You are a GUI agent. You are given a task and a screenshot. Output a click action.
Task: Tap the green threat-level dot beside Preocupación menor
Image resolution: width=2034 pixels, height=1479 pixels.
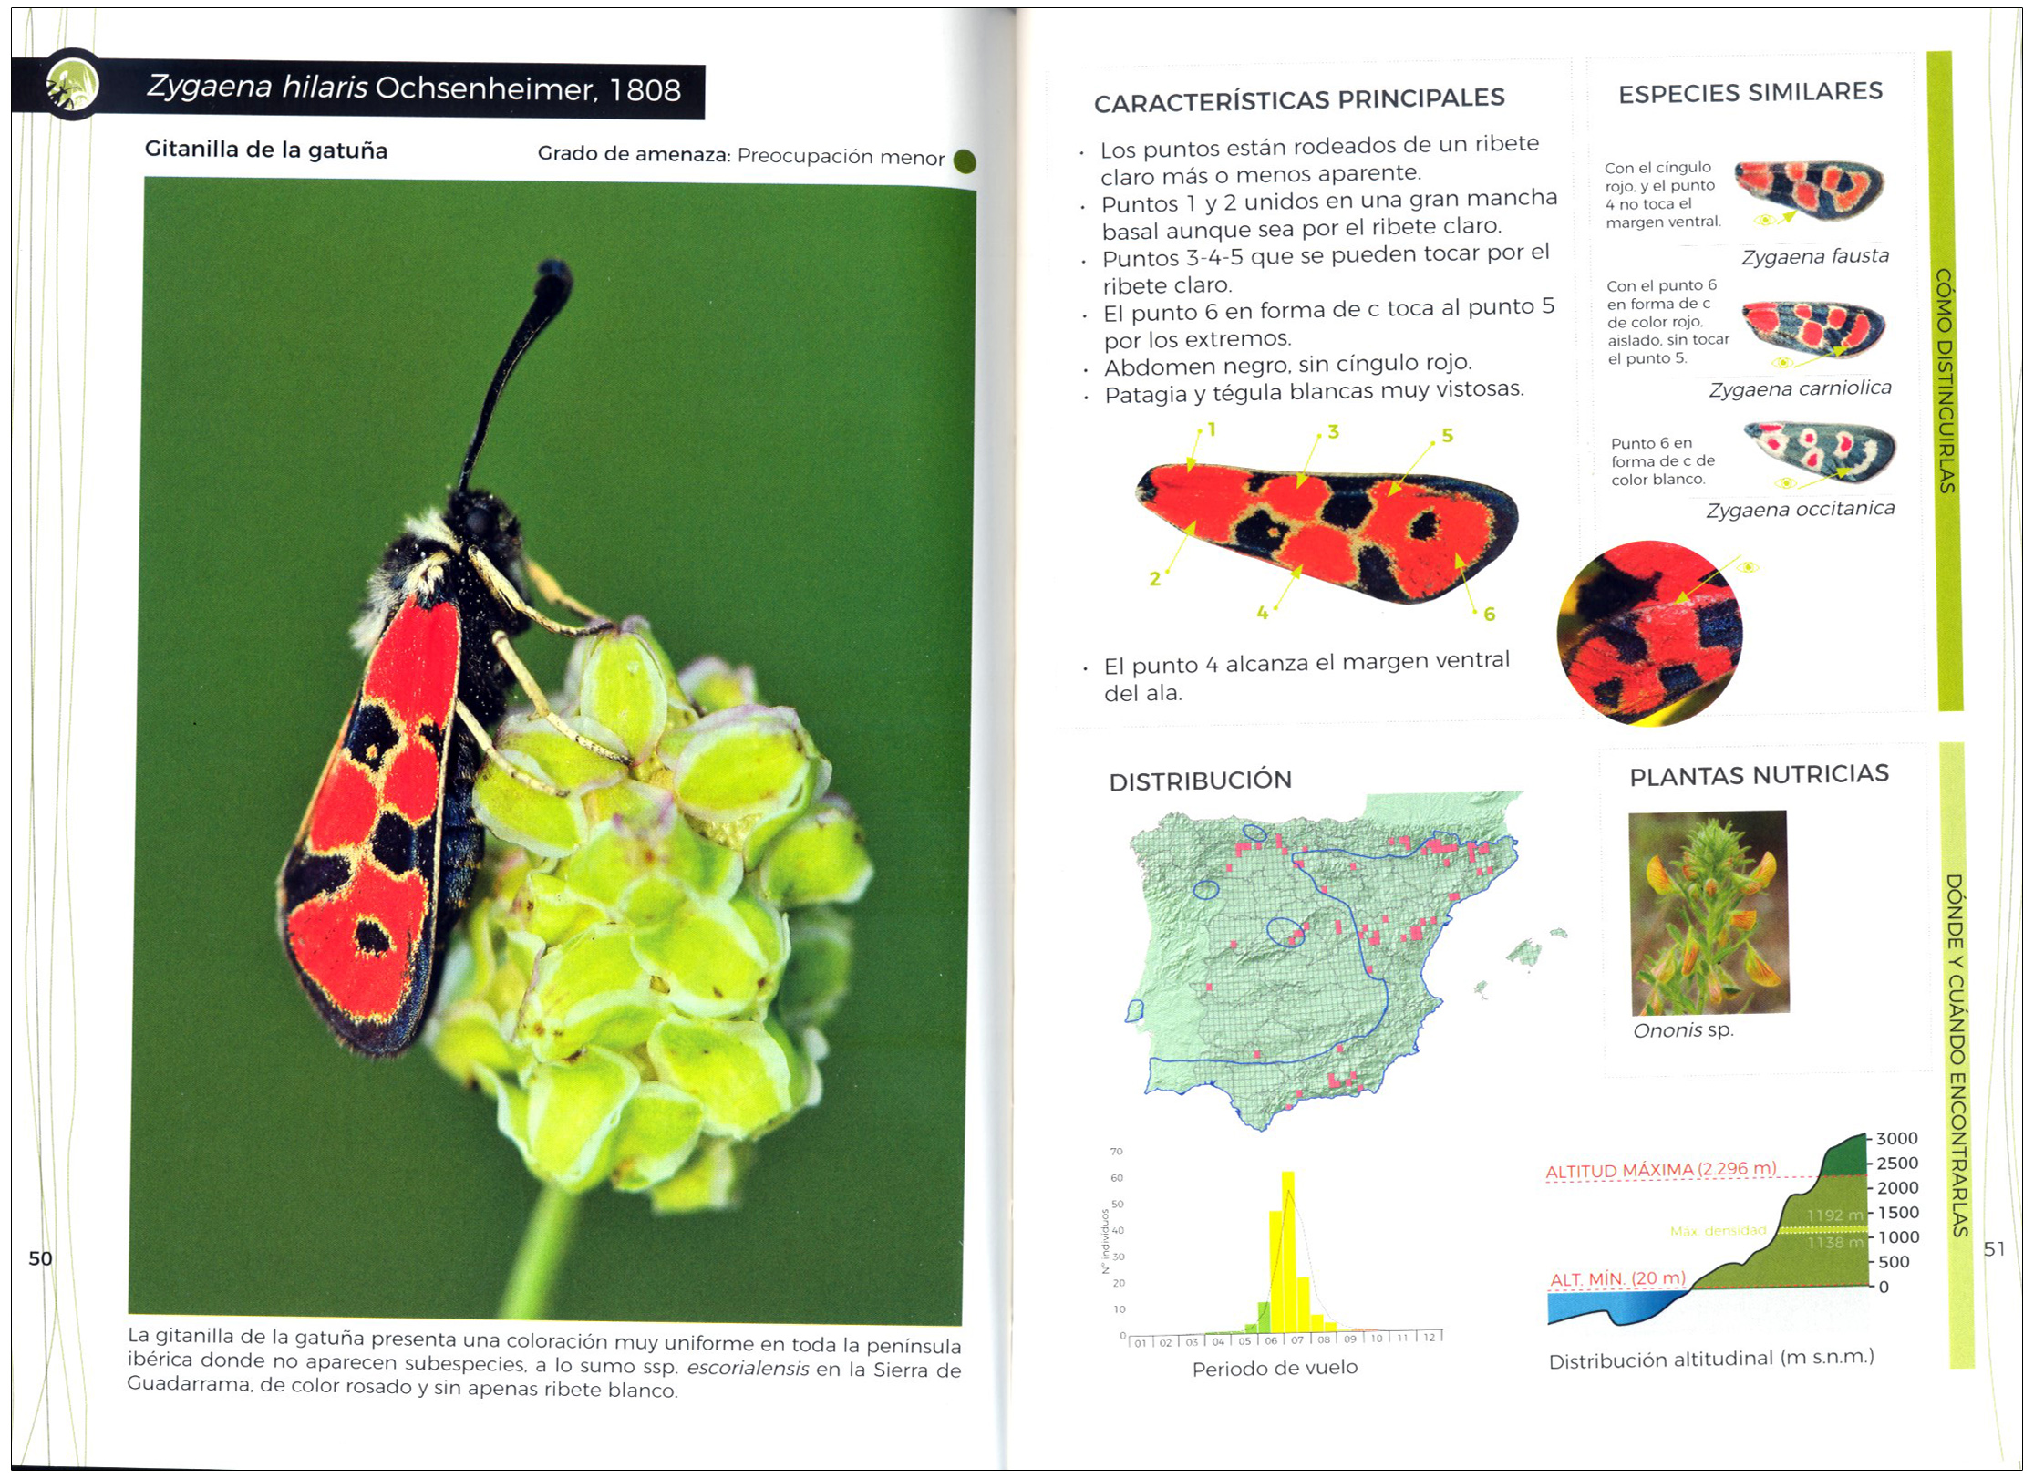(x=964, y=161)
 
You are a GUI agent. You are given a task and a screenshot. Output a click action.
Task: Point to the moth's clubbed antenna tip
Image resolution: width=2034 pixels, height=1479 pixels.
(x=553, y=274)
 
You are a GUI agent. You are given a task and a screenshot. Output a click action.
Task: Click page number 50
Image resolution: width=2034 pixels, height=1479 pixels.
(x=40, y=1258)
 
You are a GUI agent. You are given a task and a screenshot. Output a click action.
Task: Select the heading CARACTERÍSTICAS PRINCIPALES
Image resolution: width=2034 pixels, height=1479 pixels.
(x=1298, y=99)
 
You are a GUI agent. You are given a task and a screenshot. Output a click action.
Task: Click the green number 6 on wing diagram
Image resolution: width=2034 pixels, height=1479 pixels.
(x=1489, y=614)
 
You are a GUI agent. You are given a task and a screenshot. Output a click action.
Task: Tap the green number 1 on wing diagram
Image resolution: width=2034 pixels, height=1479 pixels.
(x=1211, y=429)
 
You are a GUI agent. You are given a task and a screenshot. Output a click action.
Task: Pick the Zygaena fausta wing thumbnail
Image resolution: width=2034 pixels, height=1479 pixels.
(x=1809, y=190)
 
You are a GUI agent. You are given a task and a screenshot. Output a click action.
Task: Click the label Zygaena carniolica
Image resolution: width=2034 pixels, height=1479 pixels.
(x=1800, y=389)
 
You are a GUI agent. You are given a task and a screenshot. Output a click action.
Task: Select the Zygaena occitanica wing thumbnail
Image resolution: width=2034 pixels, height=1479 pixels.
(x=1820, y=451)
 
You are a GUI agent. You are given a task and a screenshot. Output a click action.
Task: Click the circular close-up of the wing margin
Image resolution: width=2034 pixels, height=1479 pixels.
(x=1649, y=633)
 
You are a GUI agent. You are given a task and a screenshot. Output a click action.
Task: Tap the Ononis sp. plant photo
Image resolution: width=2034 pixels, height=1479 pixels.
(x=1708, y=912)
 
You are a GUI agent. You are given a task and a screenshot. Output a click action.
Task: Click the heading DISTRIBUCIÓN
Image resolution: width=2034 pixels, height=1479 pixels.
(x=1200, y=781)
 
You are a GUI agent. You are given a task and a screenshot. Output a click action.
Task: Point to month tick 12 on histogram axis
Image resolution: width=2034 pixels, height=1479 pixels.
(x=1429, y=1338)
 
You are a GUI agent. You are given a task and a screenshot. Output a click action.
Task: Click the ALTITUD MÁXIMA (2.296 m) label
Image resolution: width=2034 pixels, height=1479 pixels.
(x=1660, y=1169)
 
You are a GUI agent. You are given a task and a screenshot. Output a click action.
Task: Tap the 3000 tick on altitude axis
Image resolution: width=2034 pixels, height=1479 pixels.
(x=1896, y=1139)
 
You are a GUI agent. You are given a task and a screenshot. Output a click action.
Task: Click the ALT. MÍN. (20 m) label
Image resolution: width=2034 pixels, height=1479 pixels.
(x=1617, y=1278)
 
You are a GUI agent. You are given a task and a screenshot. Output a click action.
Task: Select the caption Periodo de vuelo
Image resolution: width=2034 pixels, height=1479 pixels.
(x=1275, y=1368)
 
